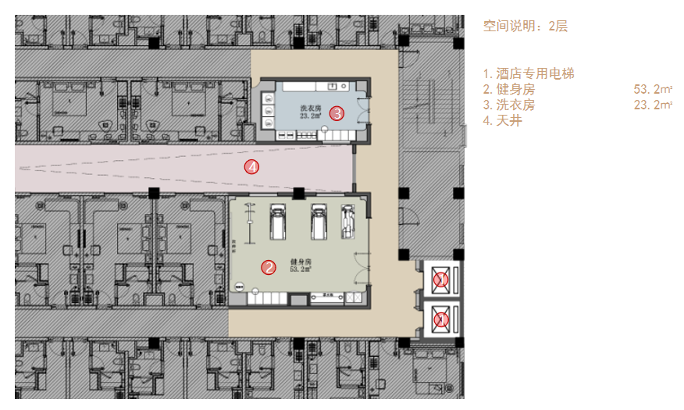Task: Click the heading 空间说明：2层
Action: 525,26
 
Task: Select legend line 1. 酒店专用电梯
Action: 529,73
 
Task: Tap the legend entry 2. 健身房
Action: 508,89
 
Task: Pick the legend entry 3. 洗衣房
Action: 508,105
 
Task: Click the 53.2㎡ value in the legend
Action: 653,89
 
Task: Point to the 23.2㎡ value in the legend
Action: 653,105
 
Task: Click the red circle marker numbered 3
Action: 337,113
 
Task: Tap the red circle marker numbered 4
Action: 251,166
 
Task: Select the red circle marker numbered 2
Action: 269,268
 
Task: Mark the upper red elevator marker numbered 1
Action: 441,279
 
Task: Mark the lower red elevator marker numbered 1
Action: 441,319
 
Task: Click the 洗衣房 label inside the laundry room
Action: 310,109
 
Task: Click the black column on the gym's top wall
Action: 298,193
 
